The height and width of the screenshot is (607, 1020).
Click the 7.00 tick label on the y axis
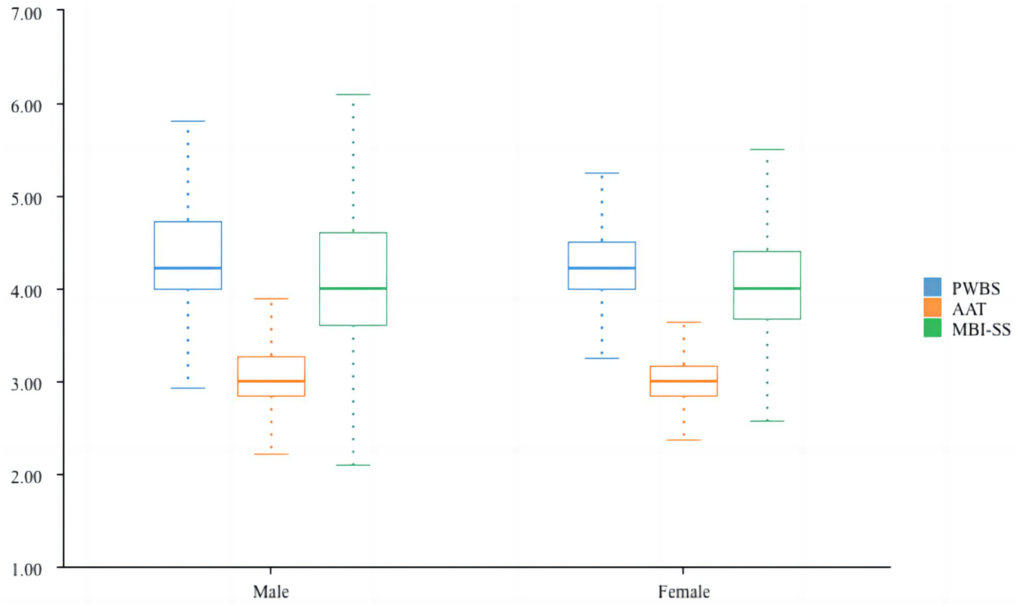[x=27, y=13]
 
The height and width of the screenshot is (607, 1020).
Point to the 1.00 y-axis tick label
[x=27, y=569]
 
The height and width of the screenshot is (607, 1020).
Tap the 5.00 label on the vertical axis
[x=27, y=199]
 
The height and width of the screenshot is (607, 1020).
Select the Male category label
[x=270, y=592]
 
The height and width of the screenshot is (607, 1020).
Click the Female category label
[x=684, y=592]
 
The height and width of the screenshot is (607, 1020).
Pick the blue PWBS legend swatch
[x=932, y=287]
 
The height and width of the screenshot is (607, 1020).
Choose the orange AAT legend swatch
[x=932, y=307]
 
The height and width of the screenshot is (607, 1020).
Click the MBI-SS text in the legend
[x=981, y=329]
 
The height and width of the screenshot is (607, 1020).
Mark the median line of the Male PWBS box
[x=188, y=268]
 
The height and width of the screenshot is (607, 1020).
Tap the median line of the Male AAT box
[x=271, y=381]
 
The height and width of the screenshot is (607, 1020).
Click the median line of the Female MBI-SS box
[x=767, y=288]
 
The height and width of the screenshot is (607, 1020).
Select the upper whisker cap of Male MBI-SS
[x=353, y=94]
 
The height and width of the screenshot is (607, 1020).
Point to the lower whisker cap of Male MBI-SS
[x=353, y=465]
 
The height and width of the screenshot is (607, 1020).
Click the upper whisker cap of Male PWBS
[x=188, y=121]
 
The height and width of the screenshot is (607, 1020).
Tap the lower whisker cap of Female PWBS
[x=602, y=359]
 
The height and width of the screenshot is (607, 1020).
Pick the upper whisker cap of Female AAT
[x=684, y=322]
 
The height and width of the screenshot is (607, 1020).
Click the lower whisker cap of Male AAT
[x=271, y=454]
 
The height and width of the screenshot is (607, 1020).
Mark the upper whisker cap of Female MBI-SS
[x=767, y=149]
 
